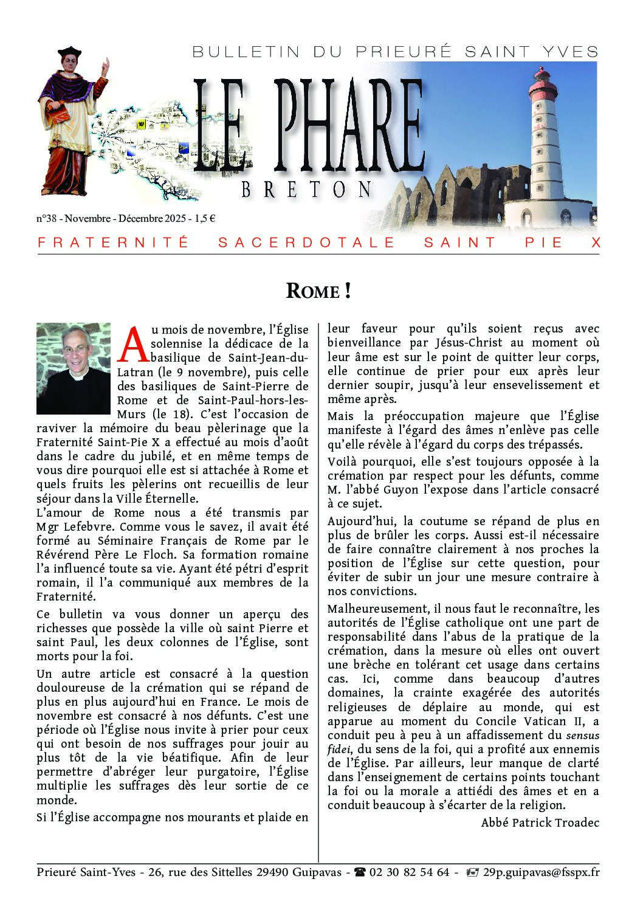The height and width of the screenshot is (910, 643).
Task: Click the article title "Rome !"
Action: coord(318,291)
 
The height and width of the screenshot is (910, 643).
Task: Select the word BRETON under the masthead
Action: coord(306,190)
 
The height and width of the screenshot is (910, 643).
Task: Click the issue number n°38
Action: coord(46,219)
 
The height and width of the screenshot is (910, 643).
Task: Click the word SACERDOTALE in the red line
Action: coord(306,243)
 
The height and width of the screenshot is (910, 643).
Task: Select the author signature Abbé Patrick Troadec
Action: coord(540,823)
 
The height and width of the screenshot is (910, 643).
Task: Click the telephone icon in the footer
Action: coord(360,872)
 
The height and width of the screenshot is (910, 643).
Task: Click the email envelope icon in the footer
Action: coord(472,872)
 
